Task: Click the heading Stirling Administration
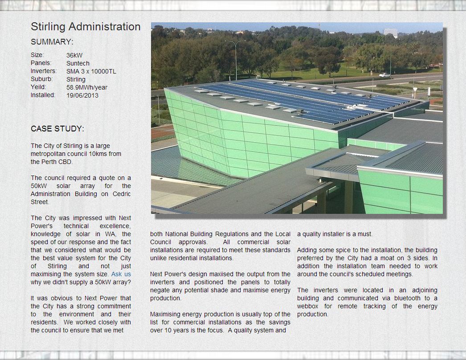pyautogui.click(x=86, y=27)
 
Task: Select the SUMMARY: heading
pyautogui.click(x=52, y=42)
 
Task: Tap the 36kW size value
pyautogui.click(x=74, y=55)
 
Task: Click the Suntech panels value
pyautogui.click(x=78, y=63)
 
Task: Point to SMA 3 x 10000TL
pyautogui.click(x=91, y=71)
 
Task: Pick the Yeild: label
pyautogui.click(x=38, y=87)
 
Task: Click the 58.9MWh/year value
pyautogui.click(x=87, y=87)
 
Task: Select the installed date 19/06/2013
pyautogui.click(x=82, y=95)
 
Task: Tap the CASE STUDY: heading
pyautogui.click(x=57, y=129)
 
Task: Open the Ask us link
pyautogui.click(x=121, y=274)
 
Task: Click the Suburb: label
pyautogui.click(x=42, y=79)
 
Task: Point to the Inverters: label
pyautogui.click(x=44, y=71)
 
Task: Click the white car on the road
pyautogui.click(x=384, y=75)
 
